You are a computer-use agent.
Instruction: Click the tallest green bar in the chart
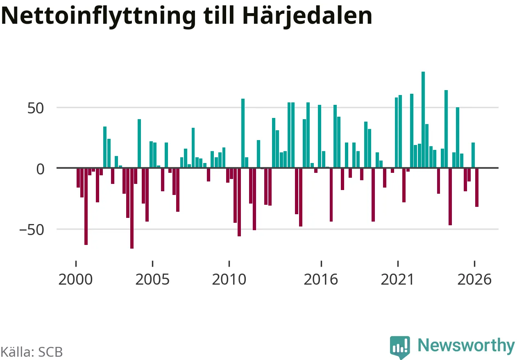(423, 120)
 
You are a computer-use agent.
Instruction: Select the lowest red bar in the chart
(132, 208)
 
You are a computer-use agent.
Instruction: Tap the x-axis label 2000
(75, 280)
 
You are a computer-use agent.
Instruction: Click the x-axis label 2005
(152, 280)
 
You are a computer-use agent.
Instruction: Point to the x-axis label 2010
(229, 280)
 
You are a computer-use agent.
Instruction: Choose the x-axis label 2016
(321, 280)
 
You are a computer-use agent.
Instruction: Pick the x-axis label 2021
(397, 280)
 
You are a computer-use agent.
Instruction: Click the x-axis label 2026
(474, 280)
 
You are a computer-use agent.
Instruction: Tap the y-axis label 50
(36, 108)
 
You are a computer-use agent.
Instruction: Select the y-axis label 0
(40, 169)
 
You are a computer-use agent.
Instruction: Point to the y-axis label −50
(32, 230)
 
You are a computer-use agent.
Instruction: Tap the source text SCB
(50, 352)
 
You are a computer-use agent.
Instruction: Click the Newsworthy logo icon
(400, 347)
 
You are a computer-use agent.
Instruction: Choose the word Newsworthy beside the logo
(466, 346)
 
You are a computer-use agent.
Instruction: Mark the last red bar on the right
(476, 188)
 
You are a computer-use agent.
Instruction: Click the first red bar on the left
(78, 178)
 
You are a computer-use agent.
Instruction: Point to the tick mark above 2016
(321, 264)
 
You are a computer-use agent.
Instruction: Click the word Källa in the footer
(18, 351)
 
